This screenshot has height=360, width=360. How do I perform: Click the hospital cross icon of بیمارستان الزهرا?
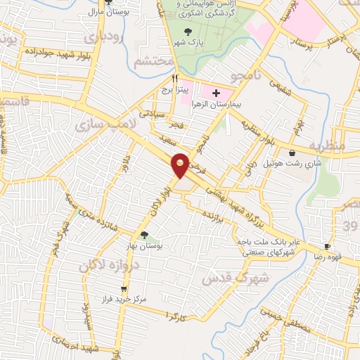(x=216, y=93)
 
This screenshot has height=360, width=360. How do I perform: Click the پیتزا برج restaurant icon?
(x=175, y=79)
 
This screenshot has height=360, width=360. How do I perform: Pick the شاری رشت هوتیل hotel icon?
(x=291, y=153)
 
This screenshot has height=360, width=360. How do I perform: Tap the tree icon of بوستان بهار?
(x=145, y=235)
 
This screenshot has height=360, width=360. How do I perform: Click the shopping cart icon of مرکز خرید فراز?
(x=124, y=288)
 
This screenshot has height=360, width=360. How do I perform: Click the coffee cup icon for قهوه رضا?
(x=326, y=246)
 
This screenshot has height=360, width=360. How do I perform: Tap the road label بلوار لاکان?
(x=158, y=200)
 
